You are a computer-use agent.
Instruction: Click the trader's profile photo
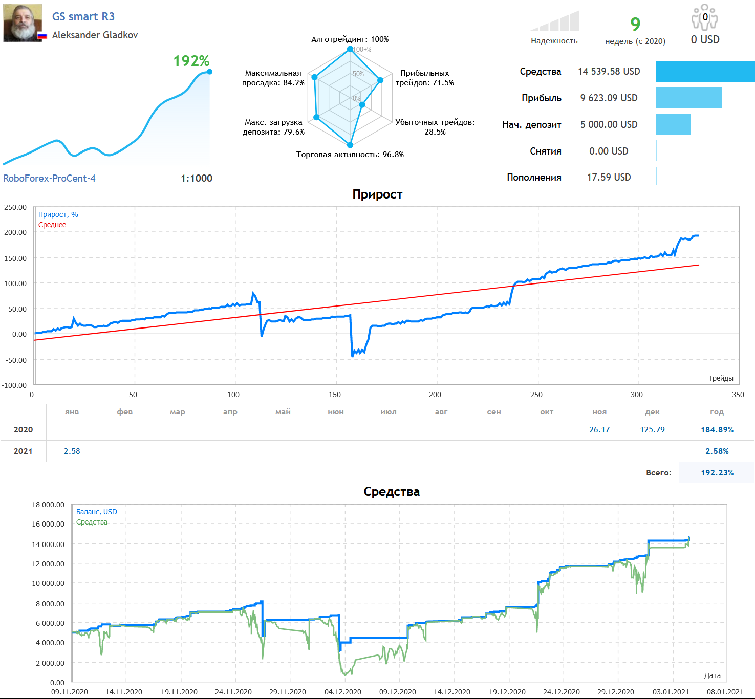pos(23,23)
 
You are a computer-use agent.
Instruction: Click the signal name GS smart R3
pos(83,16)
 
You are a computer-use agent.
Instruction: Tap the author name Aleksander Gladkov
pos(95,35)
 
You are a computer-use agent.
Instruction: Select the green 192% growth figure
pos(191,61)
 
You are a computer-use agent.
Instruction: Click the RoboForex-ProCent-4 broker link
pos(49,178)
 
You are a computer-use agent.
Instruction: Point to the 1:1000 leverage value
pos(197,178)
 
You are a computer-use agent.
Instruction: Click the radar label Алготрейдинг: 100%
pos(350,39)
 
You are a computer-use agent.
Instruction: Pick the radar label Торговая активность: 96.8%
pos(350,155)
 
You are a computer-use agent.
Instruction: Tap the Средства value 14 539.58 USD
pos(609,71)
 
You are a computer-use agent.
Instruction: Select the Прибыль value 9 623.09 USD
pos(609,98)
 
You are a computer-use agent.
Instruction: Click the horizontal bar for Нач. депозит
pos(673,124)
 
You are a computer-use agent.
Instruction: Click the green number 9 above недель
pos(635,24)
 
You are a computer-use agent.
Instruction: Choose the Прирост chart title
pos(377,194)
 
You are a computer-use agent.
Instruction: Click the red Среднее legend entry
pos(52,225)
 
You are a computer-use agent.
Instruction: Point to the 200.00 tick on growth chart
pos(15,232)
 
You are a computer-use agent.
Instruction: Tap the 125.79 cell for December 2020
pos(652,430)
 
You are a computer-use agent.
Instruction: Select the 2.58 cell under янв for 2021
pos(72,451)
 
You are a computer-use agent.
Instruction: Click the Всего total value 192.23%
pos(717,473)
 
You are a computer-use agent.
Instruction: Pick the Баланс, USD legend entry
pos(97,512)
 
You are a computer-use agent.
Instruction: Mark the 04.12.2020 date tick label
pos(343,692)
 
